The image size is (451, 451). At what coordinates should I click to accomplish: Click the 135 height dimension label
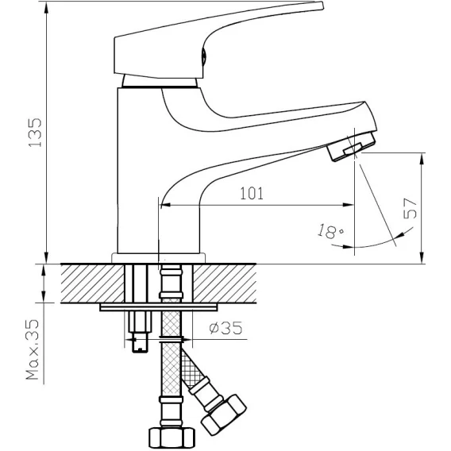pyautogui.click(x=35, y=132)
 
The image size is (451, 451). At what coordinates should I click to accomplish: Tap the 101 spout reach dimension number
pyautogui.click(x=252, y=193)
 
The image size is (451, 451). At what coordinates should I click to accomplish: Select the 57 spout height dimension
pyautogui.click(x=411, y=208)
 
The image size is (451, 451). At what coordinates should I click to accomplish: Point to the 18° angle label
pyautogui.click(x=331, y=231)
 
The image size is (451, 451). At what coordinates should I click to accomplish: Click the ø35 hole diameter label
pyautogui.click(x=225, y=328)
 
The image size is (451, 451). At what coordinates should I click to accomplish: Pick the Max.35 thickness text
pyautogui.click(x=33, y=349)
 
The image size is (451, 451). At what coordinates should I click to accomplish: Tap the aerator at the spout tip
pyautogui.click(x=352, y=146)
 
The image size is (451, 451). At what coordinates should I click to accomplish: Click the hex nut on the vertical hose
pyautogui.click(x=172, y=438)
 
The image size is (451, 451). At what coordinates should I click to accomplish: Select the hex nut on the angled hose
pyautogui.click(x=224, y=414)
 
